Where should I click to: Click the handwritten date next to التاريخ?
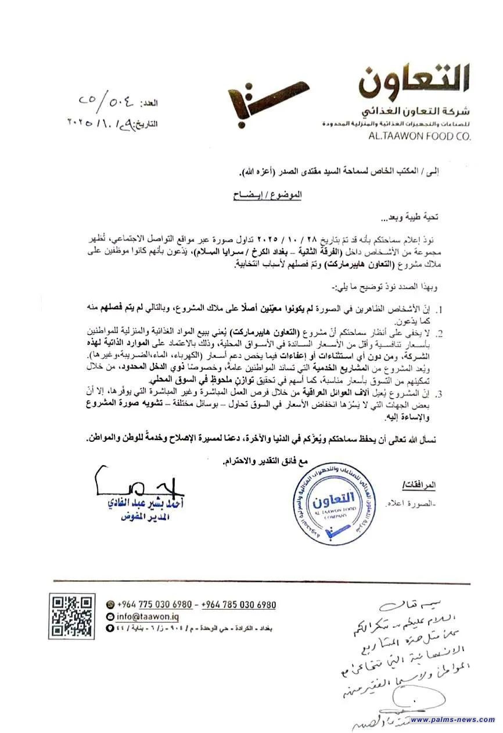pos(102,123)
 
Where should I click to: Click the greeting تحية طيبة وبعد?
pos(411,218)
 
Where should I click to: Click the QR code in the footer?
pos(71,616)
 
